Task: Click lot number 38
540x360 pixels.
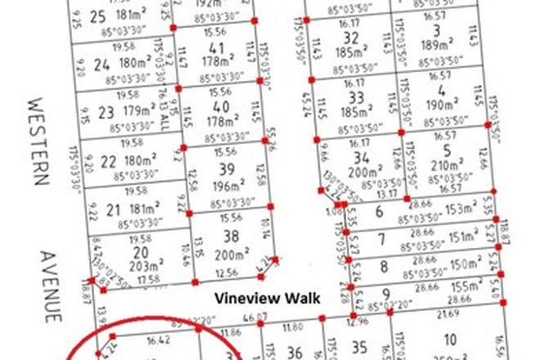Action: coord(231,238)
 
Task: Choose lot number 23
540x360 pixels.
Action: coord(105,113)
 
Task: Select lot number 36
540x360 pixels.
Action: coord(298,352)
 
